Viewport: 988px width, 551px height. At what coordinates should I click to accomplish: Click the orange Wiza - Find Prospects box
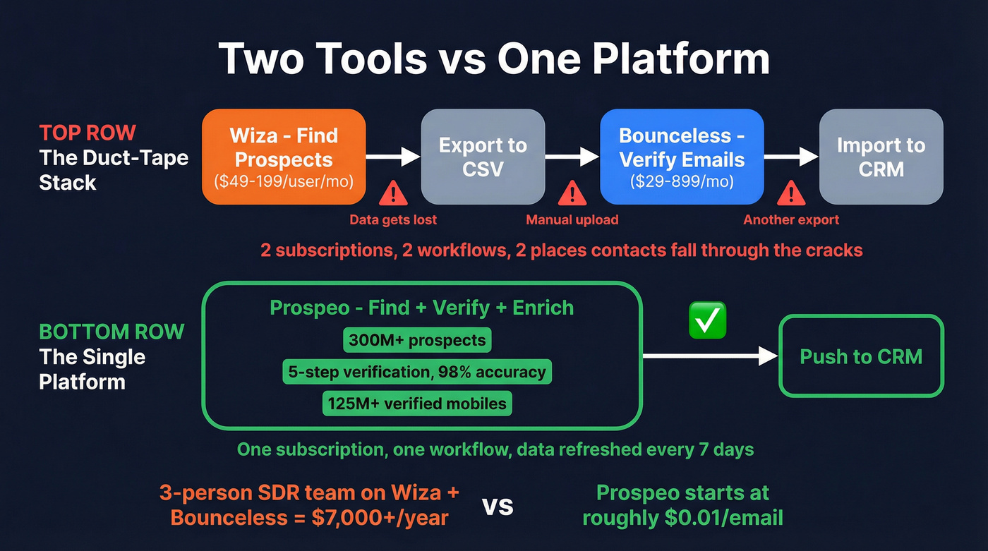(x=284, y=157)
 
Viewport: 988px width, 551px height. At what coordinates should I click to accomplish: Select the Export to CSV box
(x=483, y=157)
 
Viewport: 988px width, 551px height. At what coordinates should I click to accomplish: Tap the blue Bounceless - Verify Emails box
(x=682, y=157)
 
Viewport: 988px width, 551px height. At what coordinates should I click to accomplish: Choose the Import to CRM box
(x=881, y=157)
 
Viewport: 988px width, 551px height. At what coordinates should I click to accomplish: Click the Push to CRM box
(x=861, y=356)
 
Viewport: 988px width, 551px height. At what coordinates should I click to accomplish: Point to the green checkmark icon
(x=706, y=321)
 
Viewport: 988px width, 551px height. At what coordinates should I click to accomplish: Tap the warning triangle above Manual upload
(x=572, y=193)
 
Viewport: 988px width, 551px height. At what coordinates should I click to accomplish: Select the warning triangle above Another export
(x=791, y=193)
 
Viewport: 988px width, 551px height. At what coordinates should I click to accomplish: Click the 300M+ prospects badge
(x=417, y=340)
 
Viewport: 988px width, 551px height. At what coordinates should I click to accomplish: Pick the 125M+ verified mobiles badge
(x=417, y=404)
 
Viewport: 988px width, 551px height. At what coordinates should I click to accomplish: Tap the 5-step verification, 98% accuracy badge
(x=417, y=372)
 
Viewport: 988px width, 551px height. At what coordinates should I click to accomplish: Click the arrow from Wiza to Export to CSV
(x=393, y=157)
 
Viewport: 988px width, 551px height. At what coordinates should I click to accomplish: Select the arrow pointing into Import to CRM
(x=791, y=157)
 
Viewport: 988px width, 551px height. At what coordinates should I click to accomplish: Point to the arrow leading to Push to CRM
(x=709, y=356)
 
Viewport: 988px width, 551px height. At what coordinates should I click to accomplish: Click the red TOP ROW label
(x=88, y=133)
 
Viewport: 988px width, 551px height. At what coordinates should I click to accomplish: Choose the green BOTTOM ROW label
(x=112, y=332)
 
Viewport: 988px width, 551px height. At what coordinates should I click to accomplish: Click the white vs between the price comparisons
(x=498, y=506)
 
